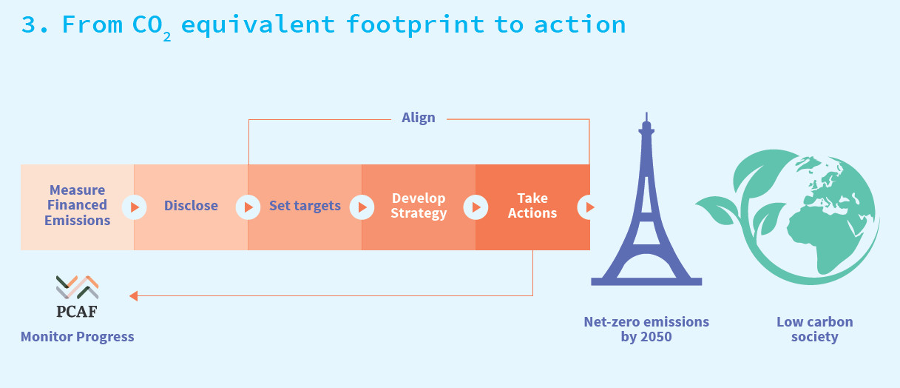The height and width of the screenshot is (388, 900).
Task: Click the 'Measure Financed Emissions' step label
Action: [x=77, y=205]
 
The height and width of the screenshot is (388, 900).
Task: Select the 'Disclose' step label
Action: [x=191, y=206]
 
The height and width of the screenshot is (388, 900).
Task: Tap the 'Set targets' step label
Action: [x=305, y=206]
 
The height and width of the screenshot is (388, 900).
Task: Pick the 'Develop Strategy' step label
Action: [x=419, y=206]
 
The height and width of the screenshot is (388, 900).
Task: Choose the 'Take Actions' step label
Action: [x=532, y=206]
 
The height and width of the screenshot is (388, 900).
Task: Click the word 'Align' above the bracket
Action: [x=419, y=118]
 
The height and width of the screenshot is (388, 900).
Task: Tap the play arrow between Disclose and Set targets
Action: [x=248, y=207]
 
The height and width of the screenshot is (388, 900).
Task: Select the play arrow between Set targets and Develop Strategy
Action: [x=362, y=207]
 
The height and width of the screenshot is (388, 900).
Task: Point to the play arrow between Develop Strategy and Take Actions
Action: [x=476, y=207]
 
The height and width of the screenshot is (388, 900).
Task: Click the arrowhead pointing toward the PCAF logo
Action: [x=133, y=296]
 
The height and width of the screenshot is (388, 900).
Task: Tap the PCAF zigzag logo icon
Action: [x=77, y=287]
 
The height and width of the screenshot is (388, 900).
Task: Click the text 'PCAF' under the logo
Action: [x=77, y=312]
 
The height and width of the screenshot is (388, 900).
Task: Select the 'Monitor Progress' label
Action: [x=77, y=336]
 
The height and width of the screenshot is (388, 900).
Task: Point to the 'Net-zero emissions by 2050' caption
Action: [x=646, y=329]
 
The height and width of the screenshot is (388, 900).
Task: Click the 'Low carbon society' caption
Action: [x=814, y=329]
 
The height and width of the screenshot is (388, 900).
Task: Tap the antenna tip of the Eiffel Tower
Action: [x=646, y=113]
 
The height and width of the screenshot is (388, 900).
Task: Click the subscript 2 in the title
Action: [x=166, y=37]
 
